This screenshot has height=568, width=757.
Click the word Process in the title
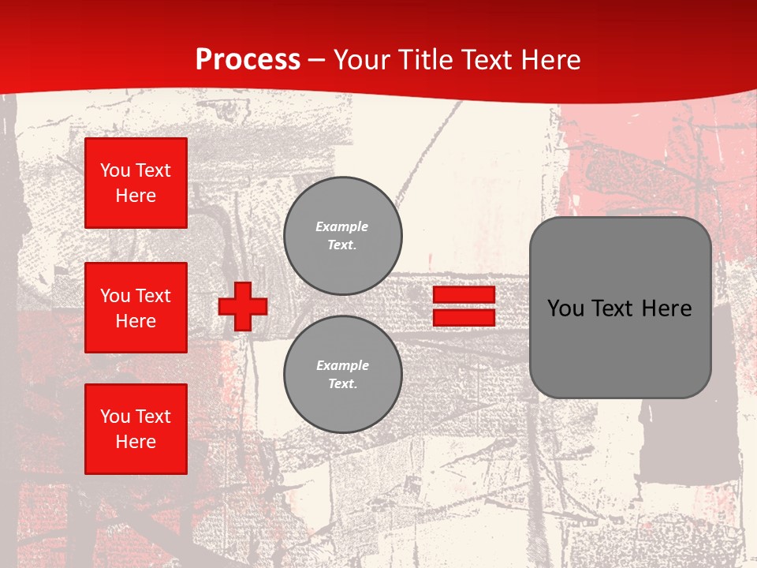pyautogui.click(x=248, y=60)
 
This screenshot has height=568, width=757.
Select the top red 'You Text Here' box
pyautogui.click(x=136, y=183)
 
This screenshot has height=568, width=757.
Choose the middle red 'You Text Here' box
pyautogui.click(x=136, y=308)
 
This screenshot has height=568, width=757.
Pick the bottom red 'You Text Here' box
pyautogui.click(x=136, y=429)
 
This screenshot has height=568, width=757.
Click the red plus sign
pyautogui.click(x=243, y=306)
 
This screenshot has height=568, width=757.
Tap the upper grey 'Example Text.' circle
pyautogui.click(x=342, y=236)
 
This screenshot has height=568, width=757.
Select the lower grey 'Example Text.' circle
pyautogui.click(x=342, y=375)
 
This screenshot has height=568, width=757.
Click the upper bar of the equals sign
pyautogui.click(x=464, y=295)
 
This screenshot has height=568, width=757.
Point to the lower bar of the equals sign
pyautogui.click(x=464, y=318)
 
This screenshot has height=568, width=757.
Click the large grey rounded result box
pyautogui.click(x=620, y=347)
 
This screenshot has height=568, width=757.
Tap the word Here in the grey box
pyautogui.click(x=667, y=308)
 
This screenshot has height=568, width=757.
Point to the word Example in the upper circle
pyautogui.click(x=342, y=226)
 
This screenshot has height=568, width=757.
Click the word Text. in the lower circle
pyautogui.click(x=342, y=384)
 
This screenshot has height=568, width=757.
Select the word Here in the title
pyautogui.click(x=551, y=60)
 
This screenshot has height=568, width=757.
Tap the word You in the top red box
pyautogui.click(x=115, y=170)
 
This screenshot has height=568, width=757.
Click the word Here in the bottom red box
pyautogui.click(x=136, y=442)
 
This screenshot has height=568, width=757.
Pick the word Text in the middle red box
pyautogui.click(x=152, y=296)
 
